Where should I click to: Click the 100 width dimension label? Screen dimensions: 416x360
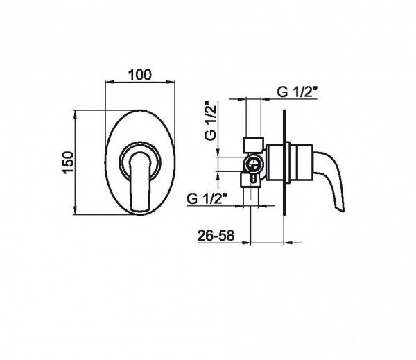[x=140, y=75]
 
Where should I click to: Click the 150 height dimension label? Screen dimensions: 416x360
[x=68, y=162]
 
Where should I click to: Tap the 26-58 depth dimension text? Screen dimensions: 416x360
[x=216, y=235]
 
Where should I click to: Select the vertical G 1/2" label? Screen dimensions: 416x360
[x=211, y=120]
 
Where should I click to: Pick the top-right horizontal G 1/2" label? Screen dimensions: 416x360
[x=297, y=92]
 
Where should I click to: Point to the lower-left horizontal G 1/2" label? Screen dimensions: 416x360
[x=207, y=198]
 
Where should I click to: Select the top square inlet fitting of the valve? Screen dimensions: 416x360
[x=253, y=144]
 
